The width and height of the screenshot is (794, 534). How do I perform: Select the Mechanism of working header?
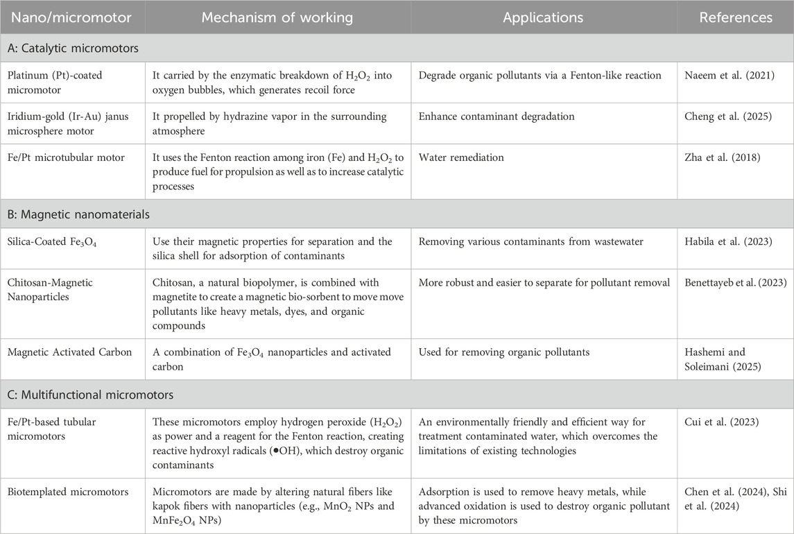pyautogui.click(x=277, y=17)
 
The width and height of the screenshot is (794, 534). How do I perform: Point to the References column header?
pyautogui.click(x=736, y=17)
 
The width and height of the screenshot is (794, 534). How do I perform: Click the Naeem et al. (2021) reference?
pyautogui.click(x=722, y=75)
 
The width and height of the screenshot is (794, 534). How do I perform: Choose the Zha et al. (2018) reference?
pyautogui.click(x=717, y=157)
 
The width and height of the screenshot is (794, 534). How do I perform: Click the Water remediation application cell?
pyautogui.click(x=461, y=157)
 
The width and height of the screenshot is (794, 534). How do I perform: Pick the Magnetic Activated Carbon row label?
pyautogui.click(x=64, y=352)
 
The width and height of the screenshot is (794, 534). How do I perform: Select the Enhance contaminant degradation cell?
pyautogui.click(x=497, y=117)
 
